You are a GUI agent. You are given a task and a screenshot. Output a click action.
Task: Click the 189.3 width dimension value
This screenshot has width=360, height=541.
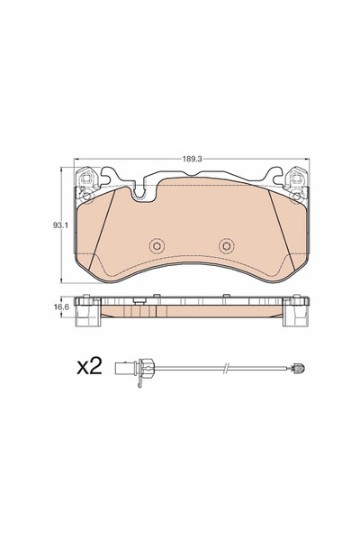192,159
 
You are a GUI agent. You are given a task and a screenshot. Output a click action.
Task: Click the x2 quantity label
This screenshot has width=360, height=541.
89,366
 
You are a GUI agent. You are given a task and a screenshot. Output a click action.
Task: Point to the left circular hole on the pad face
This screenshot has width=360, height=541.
157,246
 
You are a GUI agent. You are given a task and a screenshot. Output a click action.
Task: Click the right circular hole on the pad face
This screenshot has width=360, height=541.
226,246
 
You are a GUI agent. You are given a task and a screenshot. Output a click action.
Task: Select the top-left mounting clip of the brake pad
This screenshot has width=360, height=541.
85,182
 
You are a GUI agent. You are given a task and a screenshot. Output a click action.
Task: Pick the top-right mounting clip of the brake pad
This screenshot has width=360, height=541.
297,182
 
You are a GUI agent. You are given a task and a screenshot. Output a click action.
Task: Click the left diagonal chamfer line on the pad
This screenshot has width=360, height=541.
102,229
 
